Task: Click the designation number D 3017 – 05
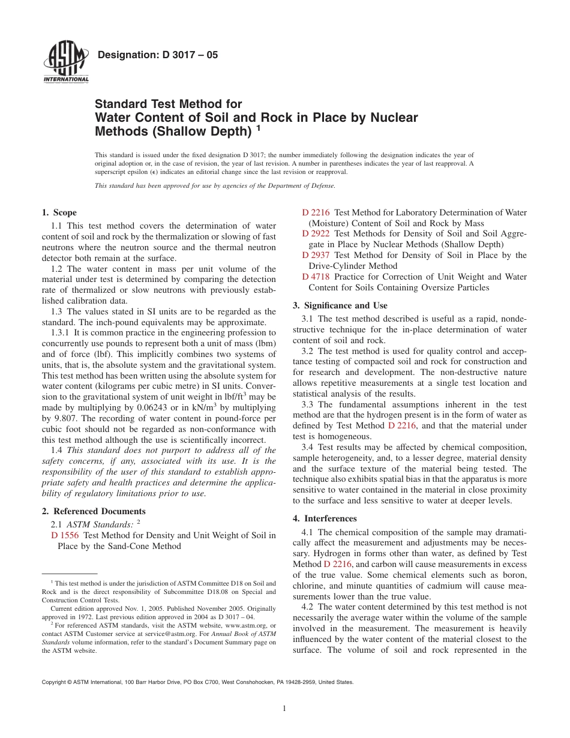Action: pos(157,55)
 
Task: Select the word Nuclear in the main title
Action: pos(387,118)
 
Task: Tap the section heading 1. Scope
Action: pos(59,212)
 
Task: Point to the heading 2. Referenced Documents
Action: pos(93,511)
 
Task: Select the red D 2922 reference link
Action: pos(316,234)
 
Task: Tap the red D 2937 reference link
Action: pos(316,256)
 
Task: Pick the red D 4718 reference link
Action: pos(316,277)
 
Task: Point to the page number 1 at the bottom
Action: pos(284,709)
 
